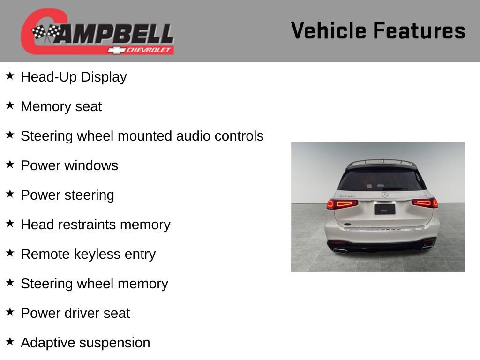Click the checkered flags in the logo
tap(46, 33)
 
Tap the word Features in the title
tap(419, 31)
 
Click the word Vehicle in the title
tap(329, 31)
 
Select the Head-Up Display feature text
tap(74, 77)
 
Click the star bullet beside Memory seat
tap(10, 105)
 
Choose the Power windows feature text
tap(69, 165)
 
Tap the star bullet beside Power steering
tap(10, 194)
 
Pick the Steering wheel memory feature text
tap(94, 284)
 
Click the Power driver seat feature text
tap(75, 313)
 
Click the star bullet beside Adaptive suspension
tap(10, 342)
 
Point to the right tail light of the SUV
tap(425, 203)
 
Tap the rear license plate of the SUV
tap(384, 209)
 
